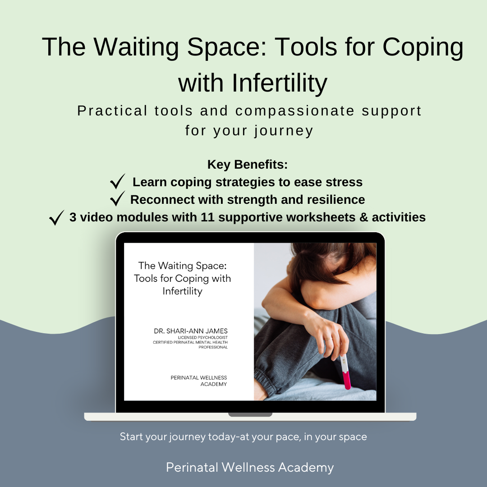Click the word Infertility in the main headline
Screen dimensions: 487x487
[x=280, y=83]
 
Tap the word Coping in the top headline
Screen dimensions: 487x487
[x=423, y=48]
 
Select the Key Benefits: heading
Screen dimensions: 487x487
[x=248, y=165]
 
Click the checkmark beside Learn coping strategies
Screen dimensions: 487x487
[x=118, y=181]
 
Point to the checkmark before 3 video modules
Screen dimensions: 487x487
[x=57, y=217]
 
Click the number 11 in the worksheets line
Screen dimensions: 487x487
[x=207, y=217]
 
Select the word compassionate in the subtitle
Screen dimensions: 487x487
[x=295, y=111]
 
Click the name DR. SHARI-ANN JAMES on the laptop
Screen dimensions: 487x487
[x=191, y=331]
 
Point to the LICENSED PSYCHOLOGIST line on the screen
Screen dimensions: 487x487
[x=203, y=338]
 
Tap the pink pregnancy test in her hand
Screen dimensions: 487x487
[x=346, y=372]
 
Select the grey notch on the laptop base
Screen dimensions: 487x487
[x=250, y=415]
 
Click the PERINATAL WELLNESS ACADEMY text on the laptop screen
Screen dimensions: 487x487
[x=199, y=381]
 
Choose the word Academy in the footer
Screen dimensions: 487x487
[x=306, y=468]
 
